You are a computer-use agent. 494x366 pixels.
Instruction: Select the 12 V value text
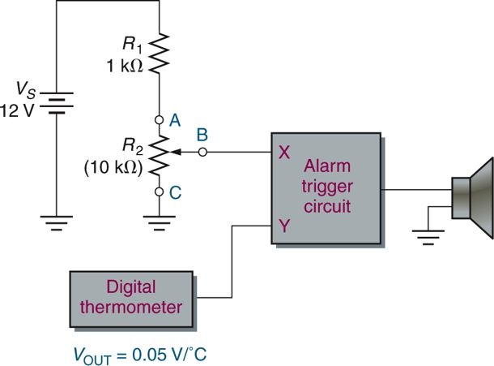17,111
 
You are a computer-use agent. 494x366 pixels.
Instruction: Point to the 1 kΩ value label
124,65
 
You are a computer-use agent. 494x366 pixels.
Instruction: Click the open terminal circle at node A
160,118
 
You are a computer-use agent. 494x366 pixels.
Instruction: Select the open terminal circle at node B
202,151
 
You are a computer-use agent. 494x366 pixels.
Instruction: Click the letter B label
203,132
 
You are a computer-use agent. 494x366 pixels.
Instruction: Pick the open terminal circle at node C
160,192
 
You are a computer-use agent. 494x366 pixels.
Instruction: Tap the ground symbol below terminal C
160,217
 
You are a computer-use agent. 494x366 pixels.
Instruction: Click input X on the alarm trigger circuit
283,152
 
